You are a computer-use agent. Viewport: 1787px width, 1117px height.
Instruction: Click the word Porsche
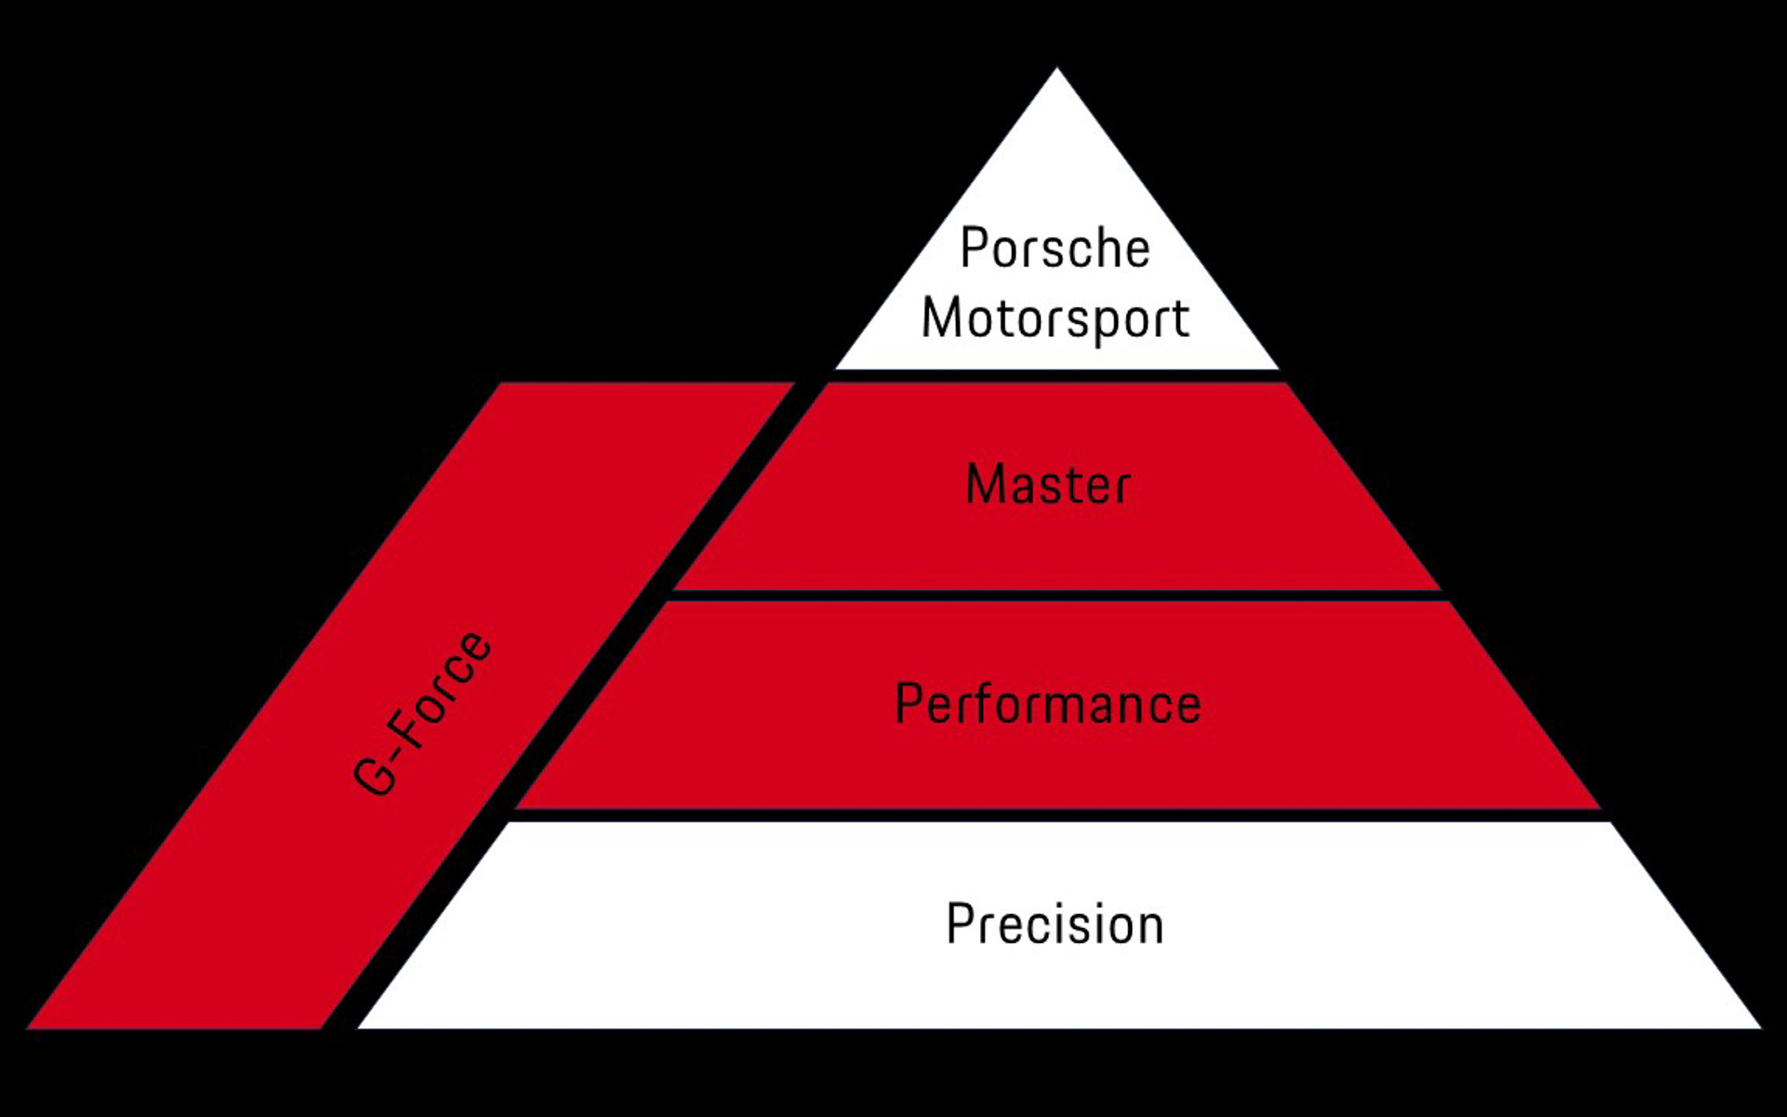point(1055,249)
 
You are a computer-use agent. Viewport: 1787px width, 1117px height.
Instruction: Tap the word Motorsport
point(1055,319)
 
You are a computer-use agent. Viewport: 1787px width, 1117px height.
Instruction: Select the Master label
point(1048,485)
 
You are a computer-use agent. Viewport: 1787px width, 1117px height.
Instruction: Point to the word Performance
point(1048,704)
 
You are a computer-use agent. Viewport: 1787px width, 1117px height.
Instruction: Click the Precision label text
point(1055,924)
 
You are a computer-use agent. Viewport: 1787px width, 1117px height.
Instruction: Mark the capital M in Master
point(987,485)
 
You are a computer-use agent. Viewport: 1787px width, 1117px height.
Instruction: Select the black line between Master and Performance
point(1056,596)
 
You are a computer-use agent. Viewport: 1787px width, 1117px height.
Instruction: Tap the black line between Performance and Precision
point(1056,815)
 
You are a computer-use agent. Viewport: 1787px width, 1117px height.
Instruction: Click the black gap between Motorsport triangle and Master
point(1056,376)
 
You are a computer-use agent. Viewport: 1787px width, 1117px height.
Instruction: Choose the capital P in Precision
point(960,924)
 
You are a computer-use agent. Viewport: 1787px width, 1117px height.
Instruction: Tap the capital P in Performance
point(907,704)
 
